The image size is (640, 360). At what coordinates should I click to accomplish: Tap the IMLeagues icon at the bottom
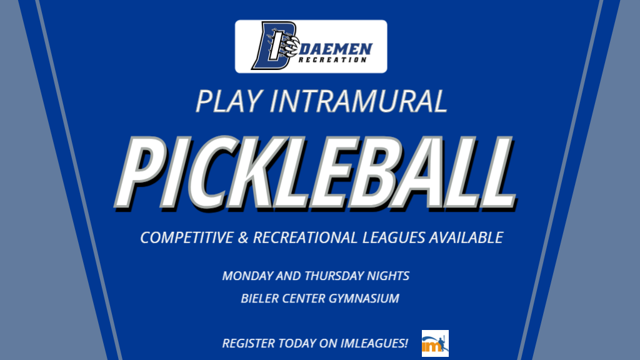click(435, 343)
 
